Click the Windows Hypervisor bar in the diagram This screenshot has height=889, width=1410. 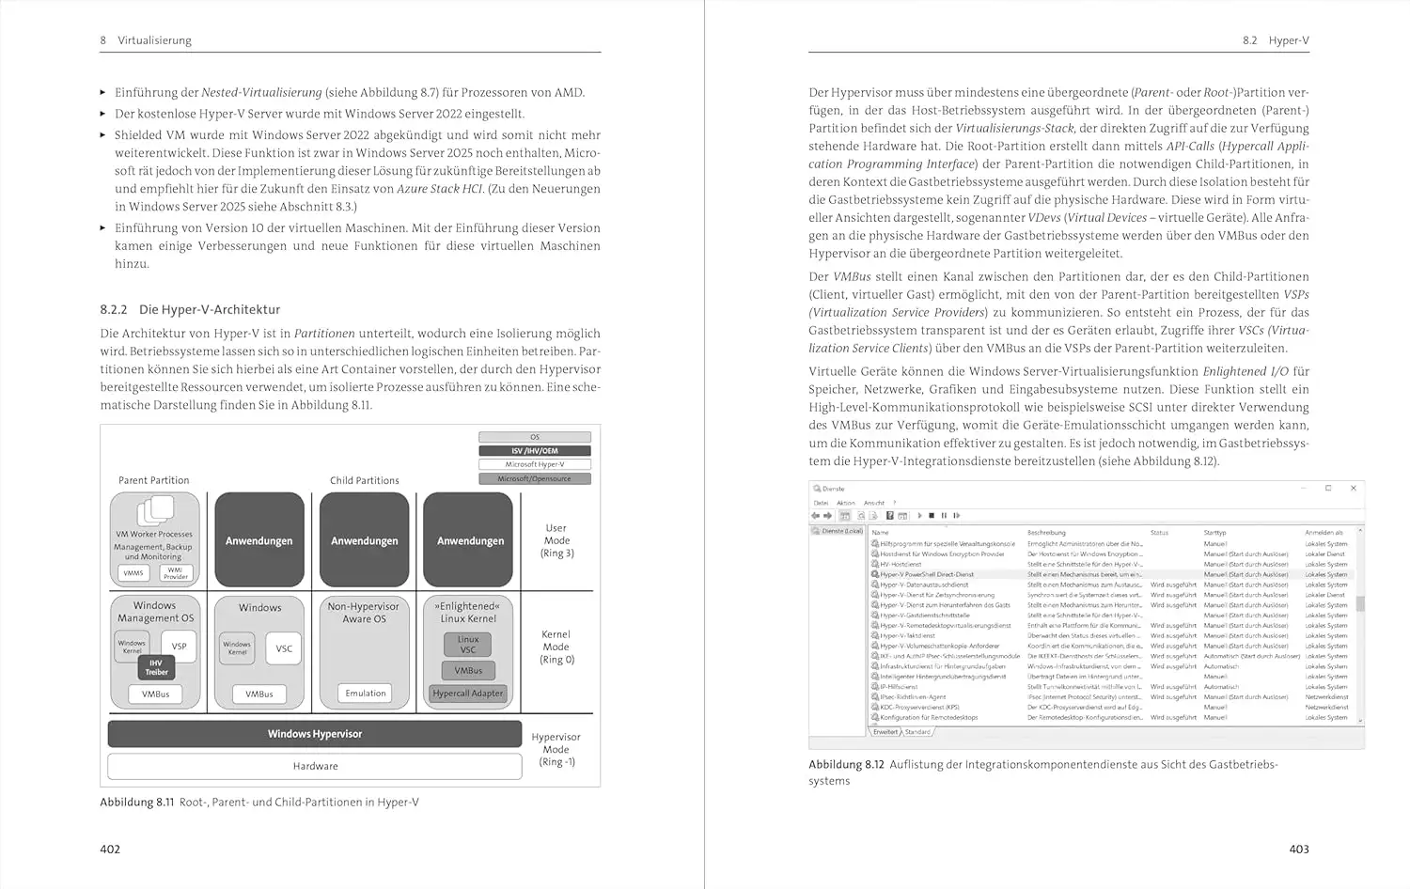point(315,734)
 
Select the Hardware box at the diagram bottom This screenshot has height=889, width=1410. point(315,766)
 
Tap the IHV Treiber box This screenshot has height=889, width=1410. point(156,667)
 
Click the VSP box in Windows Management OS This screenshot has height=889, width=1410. point(179,647)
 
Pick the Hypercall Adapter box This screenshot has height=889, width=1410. point(468,694)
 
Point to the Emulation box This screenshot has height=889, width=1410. point(366,694)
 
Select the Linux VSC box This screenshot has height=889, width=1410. point(468,645)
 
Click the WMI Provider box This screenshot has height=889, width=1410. point(176,573)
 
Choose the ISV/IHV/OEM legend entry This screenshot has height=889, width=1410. point(535,451)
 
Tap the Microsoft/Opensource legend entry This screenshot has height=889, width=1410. point(535,478)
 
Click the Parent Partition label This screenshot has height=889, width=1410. point(154,480)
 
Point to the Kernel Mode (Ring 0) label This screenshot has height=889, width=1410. point(556,647)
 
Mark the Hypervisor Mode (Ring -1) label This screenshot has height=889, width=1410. point(556,749)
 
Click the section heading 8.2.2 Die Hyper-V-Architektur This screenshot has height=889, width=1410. point(190,309)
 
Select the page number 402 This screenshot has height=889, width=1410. point(110,849)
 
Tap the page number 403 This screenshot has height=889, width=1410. point(1299,849)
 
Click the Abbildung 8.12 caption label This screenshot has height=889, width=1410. point(846,764)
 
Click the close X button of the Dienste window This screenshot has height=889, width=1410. point(1354,489)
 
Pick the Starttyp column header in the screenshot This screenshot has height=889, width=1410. point(1214,533)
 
